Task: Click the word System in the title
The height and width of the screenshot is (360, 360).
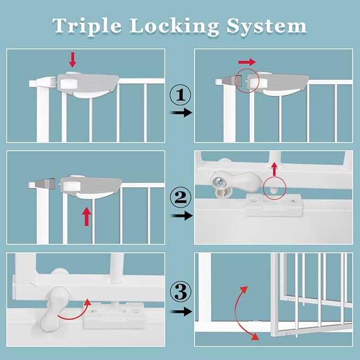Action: click(267, 26)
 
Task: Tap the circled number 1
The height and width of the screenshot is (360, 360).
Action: click(180, 96)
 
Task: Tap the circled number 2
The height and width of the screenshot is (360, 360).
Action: click(180, 198)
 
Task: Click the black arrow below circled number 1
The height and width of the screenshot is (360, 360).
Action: click(180, 113)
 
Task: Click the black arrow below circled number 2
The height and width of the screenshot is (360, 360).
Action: click(180, 216)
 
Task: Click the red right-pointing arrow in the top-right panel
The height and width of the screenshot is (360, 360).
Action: click(248, 62)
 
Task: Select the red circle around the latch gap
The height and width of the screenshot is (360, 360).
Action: click(248, 80)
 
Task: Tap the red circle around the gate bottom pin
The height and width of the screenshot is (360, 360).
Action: click(274, 188)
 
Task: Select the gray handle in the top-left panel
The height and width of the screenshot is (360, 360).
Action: click(90, 84)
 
